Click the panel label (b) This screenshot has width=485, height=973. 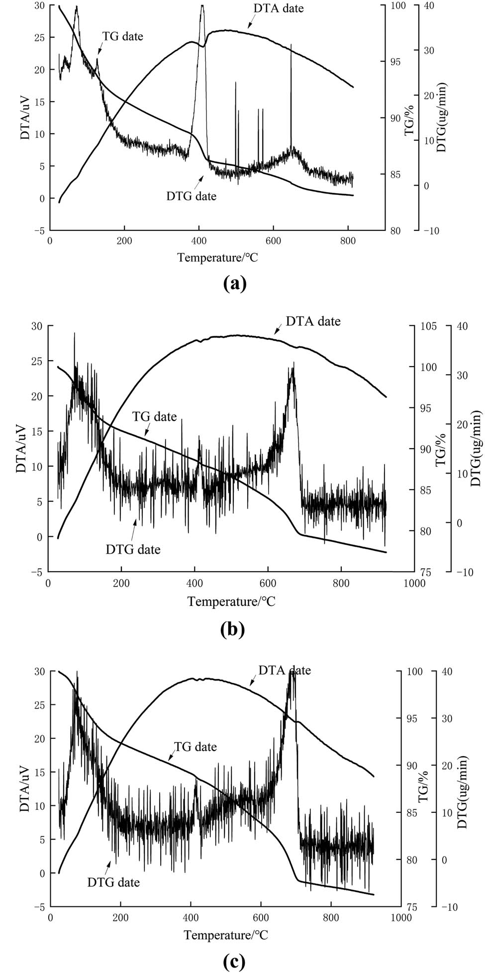pyautogui.click(x=232, y=629)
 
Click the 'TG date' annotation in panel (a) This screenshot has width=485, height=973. pyautogui.click(x=122, y=36)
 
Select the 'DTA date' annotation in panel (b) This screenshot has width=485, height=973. pyautogui.click(x=313, y=321)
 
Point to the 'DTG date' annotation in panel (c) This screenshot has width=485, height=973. pyautogui.click(x=113, y=882)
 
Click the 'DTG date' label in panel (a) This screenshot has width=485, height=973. pyautogui.click(x=192, y=196)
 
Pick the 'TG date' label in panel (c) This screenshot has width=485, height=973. pyautogui.click(x=195, y=747)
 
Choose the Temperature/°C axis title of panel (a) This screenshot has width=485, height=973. pyautogui.click(x=218, y=257)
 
